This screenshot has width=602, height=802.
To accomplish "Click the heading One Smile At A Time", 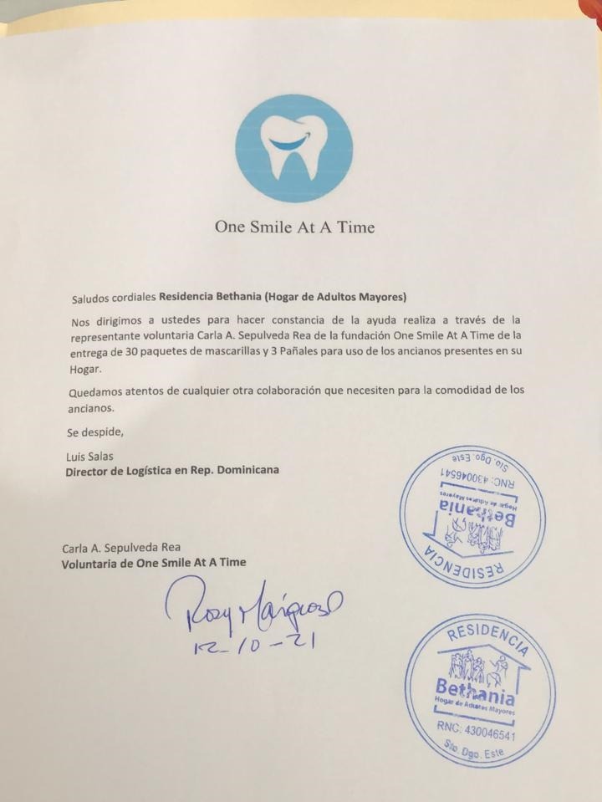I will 294,227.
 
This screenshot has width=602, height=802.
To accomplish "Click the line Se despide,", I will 93,432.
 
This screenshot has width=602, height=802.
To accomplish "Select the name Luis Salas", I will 89,456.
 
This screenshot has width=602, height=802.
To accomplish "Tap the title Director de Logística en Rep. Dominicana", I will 172,470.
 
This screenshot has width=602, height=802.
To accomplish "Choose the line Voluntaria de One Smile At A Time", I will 154,563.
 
